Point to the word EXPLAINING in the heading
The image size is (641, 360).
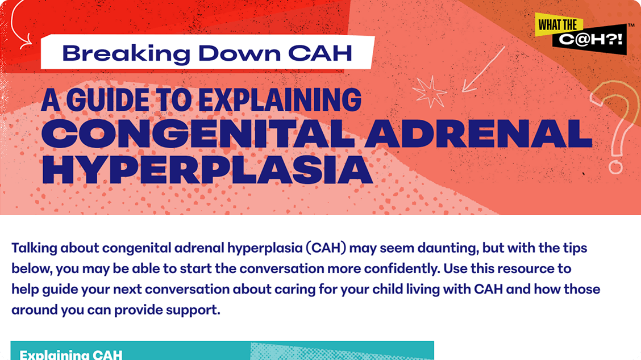coord(280,100)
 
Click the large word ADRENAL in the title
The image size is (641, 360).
coord(478,133)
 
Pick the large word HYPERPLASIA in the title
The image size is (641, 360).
coord(207,170)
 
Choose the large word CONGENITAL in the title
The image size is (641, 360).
coord(198,133)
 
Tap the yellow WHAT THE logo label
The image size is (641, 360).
coord(559,24)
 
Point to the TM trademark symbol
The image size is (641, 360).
coord(631,26)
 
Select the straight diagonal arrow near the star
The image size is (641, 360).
coord(483,69)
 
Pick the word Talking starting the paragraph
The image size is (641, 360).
coord(34,248)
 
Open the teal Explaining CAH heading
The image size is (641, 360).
coord(70,354)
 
